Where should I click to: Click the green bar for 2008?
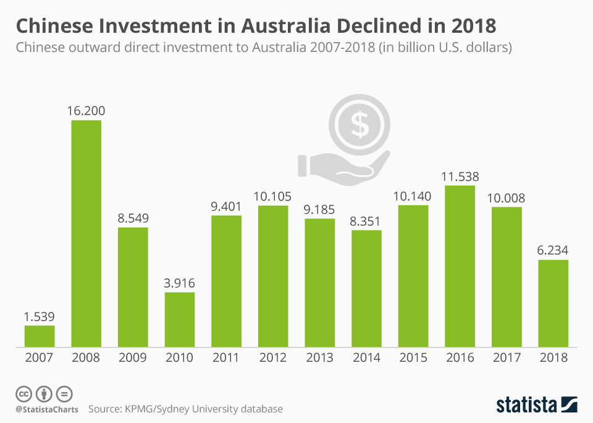click(86, 233)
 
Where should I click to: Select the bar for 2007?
click(40, 336)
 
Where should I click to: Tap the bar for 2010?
click(180, 319)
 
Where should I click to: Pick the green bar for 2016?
click(460, 266)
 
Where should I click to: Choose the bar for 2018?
click(553, 303)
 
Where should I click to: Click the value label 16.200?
click(86, 111)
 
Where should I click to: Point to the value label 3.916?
click(180, 283)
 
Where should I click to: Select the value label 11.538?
click(460, 176)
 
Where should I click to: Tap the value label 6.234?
click(553, 250)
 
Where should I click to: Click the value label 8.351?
click(367, 221)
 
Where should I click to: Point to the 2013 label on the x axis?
click(320, 357)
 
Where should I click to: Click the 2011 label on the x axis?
click(227, 357)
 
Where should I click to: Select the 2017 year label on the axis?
click(507, 357)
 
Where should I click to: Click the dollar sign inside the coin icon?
click(360, 126)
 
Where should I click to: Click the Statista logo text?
click(526, 405)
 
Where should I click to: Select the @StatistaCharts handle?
click(47, 409)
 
